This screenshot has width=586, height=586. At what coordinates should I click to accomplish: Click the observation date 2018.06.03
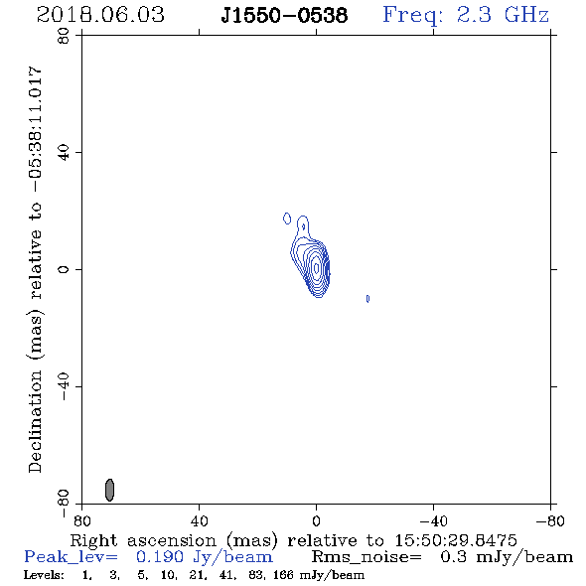(x=100, y=15)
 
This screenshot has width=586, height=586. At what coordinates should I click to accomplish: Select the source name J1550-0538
(x=284, y=15)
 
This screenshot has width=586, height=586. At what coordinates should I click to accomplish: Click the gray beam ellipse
(x=109, y=490)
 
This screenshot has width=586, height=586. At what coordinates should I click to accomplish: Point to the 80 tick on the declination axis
(x=64, y=36)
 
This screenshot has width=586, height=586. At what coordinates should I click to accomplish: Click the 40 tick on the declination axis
(x=64, y=153)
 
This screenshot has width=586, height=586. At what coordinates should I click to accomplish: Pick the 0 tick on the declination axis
(x=64, y=269)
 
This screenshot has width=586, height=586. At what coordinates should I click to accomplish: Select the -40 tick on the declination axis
(x=64, y=386)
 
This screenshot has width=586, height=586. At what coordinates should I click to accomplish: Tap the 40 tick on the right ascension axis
(x=199, y=520)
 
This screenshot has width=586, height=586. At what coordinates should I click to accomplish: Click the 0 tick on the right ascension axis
(x=316, y=520)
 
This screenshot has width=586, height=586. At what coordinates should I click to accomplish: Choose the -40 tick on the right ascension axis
(x=433, y=520)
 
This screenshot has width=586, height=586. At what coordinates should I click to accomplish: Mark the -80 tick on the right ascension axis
(x=550, y=520)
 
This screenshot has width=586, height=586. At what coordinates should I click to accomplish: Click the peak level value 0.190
(x=160, y=557)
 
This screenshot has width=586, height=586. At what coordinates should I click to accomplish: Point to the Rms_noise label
(x=366, y=557)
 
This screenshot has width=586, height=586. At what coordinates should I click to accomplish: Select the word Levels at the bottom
(x=44, y=574)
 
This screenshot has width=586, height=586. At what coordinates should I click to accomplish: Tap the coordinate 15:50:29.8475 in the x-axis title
(x=456, y=540)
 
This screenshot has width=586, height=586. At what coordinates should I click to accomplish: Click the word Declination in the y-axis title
(x=35, y=421)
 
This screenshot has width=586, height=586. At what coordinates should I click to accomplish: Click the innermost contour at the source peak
(x=317, y=267)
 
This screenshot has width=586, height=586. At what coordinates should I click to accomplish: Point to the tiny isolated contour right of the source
(x=367, y=299)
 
